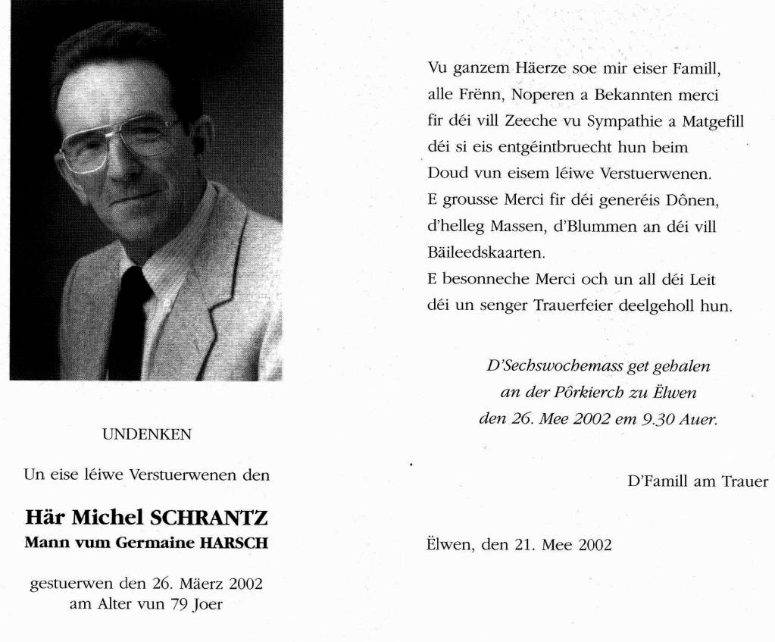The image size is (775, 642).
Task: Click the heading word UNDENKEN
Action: pyautogui.click(x=147, y=434)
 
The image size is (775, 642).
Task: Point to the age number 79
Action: pyautogui.click(x=180, y=605)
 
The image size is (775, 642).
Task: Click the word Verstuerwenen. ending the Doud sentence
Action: pyautogui.click(x=655, y=173)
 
